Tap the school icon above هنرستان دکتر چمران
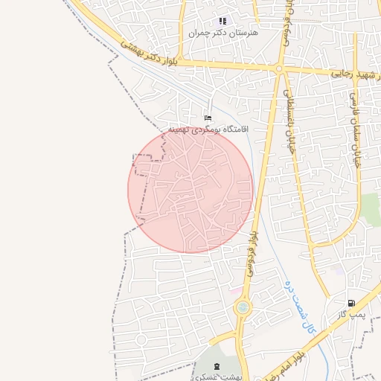[222, 21]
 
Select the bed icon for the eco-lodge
[208, 118]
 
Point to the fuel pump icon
[350, 303]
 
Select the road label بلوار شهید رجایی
[350, 74]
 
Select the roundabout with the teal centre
[242, 307]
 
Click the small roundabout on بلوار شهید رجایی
[278, 69]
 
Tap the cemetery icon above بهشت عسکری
[217, 366]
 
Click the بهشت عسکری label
[216, 377]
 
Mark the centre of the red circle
[190, 190]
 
